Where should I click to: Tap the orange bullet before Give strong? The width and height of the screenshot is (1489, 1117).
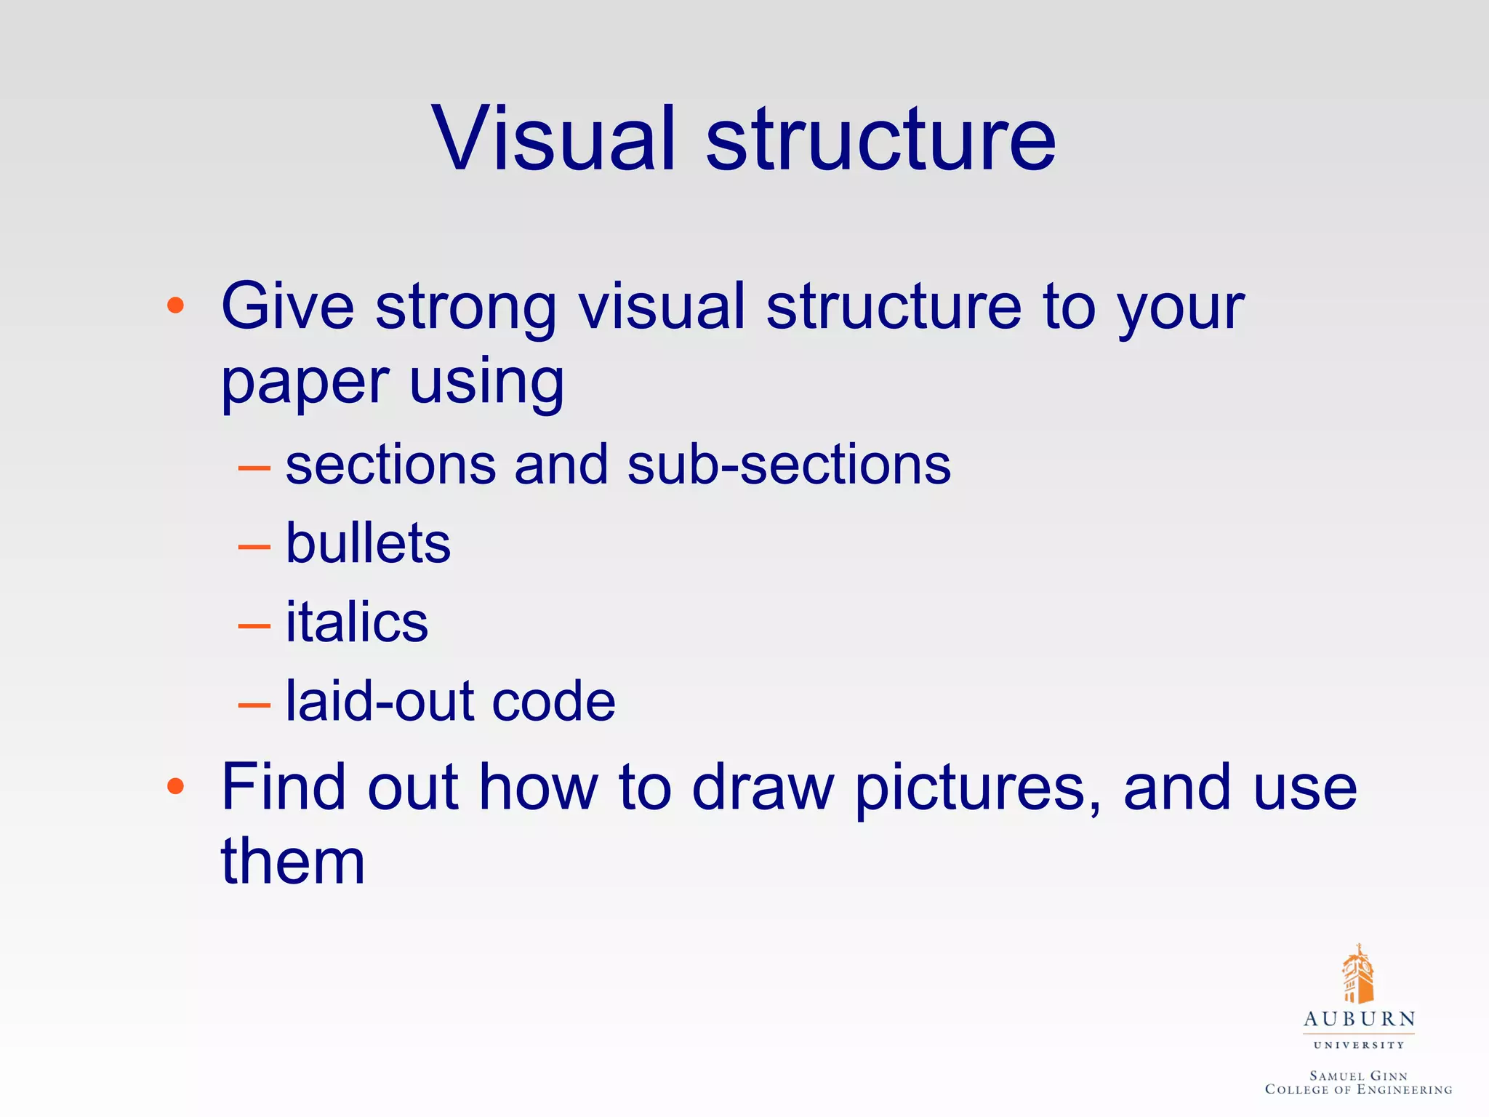click(x=175, y=305)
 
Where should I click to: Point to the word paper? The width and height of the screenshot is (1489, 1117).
click(x=305, y=384)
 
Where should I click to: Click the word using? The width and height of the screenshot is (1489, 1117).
click(x=486, y=384)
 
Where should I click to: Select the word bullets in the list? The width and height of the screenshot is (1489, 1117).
click(x=368, y=544)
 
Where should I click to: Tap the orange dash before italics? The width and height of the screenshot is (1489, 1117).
click(x=254, y=626)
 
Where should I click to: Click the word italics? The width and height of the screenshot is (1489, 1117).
click(x=357, y=623)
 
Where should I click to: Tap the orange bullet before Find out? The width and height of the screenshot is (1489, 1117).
click(x=175, y=786)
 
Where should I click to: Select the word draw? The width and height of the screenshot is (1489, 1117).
click(x=763, y=788)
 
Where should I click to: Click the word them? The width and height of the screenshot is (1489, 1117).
click(x=292, y=862)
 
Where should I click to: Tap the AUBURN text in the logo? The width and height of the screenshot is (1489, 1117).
click(x=1359, y=1020)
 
